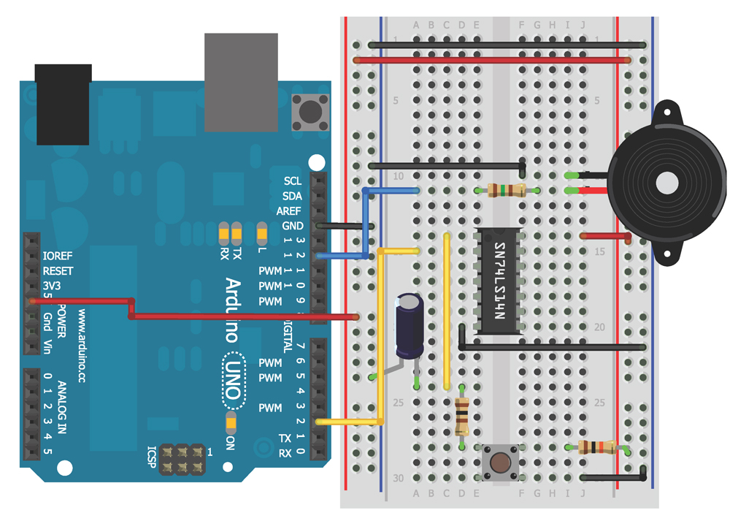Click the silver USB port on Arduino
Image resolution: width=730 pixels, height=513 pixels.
pyautogui.click(x=241, y=82)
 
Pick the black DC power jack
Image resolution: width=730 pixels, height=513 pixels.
pyautogui.click(x=64, y=103)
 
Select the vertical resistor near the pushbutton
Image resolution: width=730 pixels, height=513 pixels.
pyautogui.click(x=461, y=415)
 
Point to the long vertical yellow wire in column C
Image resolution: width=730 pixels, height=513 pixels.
pyautogui.click(x=446, y=311)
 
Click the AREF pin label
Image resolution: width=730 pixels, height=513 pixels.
pyautogui.click(x=288, y=211)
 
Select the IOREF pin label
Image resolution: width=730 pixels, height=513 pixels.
pyautogui.click(x=58, y=256)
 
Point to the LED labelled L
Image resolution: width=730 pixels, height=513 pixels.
pyautogui.click(x=262, y=234)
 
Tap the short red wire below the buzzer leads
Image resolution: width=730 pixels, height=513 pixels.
pyautogui.click(x=606, y=236)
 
